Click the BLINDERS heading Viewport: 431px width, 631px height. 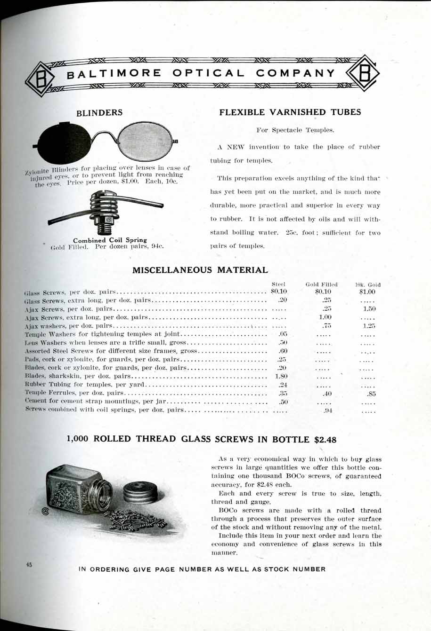[99, 113]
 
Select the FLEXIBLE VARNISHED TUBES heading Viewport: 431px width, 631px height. [290, 112]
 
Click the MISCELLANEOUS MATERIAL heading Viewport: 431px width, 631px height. [200, 270]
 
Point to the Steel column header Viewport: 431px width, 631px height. [279, 284]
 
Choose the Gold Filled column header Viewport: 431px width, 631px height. [322, 284]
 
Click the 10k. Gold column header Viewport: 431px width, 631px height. [367, 284]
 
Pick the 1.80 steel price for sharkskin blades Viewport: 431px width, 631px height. [281, 376]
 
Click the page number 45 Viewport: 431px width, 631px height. [29, 566]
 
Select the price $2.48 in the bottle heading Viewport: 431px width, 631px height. [325, 440]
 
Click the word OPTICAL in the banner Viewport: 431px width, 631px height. [209, 73]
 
